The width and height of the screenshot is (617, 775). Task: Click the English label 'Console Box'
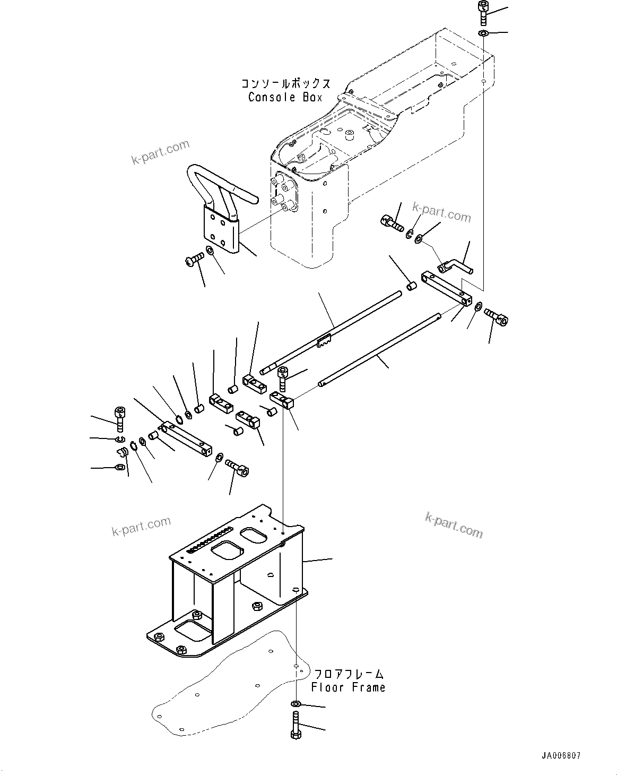pyautogui.click(x=285, y=98)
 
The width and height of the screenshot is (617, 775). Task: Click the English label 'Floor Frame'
pyautogui.click(x=348, y=687)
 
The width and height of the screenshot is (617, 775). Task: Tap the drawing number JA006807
pyautogui.click(x=561, y=755)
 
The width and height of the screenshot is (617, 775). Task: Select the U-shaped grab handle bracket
pyautogui.click(x=221, y=207)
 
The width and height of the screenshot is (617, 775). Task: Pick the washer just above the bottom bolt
pyautogui.click(x=296, y=704)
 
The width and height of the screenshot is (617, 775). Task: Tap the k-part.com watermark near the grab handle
pyautogui.click(x=161, y=152)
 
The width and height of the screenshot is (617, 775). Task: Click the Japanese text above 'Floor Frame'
pyautogui.click(x=348, y=674)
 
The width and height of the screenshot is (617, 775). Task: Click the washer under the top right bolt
pyautogui.click(x=483, y=34)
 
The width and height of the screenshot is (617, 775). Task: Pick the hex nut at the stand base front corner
pyautogui.click(x=180, y=649)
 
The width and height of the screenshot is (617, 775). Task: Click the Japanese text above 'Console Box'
pyautogui.click(x=286, y=84)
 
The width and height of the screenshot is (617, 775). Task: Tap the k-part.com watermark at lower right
pyautogui.click(x=454, y=524)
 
